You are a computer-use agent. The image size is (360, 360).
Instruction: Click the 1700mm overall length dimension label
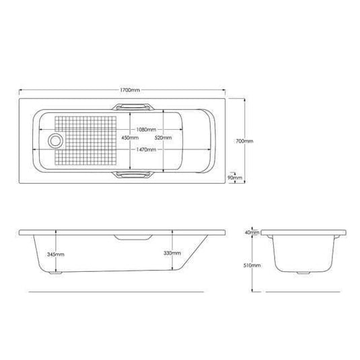pyautogui.click(x=129, y=89)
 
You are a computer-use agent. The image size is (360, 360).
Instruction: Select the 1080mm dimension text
pyautogui.click(x=147, y=129)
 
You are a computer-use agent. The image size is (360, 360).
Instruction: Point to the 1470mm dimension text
pyautogui.click(x=147, y=150)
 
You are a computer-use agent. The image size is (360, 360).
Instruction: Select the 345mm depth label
pyautogui.click(x=57, y=254)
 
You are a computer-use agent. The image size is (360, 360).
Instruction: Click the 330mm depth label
pyautogui.click(x=172, y=252)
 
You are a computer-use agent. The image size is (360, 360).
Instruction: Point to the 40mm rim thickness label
pyautogui.click(x=252, y=232)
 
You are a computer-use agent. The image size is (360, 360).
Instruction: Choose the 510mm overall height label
pyautogui.click(x=252, y=266)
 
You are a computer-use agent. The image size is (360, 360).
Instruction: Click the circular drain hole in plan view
pyautogui.click(x=54, y=141)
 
